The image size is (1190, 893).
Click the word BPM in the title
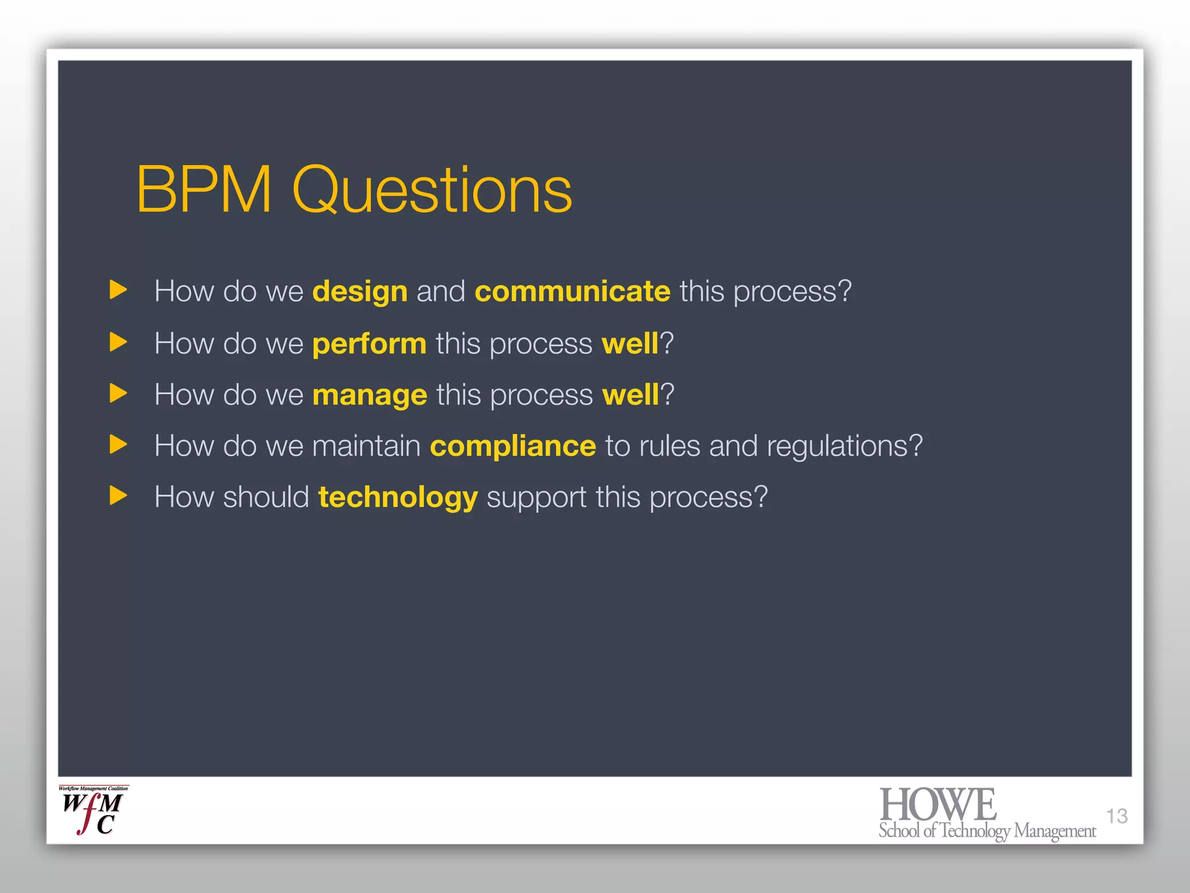204,190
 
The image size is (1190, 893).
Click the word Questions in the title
432,190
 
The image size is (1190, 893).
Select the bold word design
360,291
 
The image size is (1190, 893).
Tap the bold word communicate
572,291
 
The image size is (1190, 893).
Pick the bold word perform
370,344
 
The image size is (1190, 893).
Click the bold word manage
370,395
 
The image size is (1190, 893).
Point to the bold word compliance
512,446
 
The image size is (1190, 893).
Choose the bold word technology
398,498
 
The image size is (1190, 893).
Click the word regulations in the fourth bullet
844,446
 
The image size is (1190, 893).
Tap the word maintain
366,446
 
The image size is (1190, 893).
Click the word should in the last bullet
266,498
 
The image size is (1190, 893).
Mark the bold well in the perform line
630,344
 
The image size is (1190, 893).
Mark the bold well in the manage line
630,395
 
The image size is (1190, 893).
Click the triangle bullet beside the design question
118,290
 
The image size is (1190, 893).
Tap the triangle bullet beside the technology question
118,496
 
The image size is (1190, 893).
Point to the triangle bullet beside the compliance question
118,445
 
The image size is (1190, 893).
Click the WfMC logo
93,811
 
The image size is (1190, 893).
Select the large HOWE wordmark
937,805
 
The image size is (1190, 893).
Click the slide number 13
1116,816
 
